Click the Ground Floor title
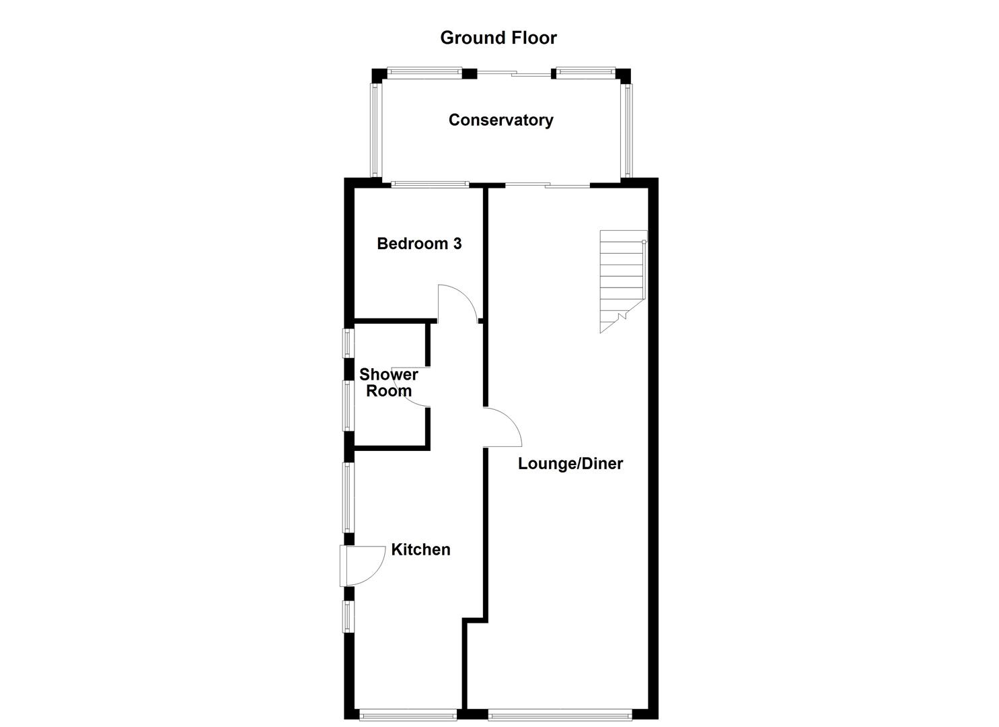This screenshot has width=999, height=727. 498,38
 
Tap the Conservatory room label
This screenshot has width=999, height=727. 501,120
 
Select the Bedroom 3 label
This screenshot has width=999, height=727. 419,244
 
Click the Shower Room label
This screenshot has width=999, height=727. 388,382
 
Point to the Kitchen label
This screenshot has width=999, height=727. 420,549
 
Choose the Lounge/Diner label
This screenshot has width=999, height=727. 570,463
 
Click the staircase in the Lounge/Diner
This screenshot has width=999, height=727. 622,279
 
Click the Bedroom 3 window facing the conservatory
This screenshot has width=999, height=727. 431,184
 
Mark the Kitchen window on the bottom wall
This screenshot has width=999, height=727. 408,714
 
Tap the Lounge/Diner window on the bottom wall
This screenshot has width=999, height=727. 560,714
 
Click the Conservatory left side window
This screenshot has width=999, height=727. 375,129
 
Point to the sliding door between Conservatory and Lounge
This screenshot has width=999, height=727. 548,184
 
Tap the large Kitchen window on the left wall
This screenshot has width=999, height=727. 348,497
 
